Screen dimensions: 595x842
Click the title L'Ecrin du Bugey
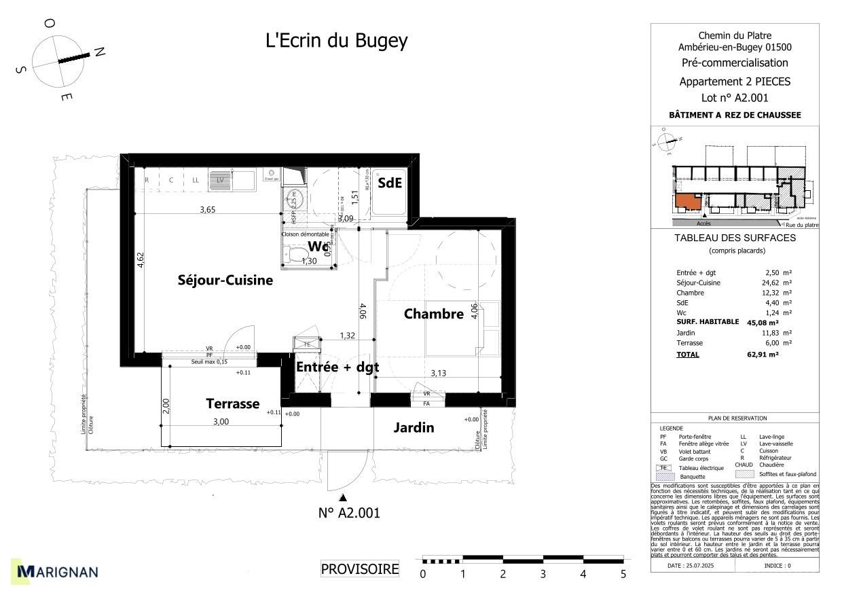click(336, 41)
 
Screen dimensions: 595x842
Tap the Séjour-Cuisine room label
click(225, 280)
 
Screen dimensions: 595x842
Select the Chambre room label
click(433, 314)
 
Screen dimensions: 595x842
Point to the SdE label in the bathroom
click(390, 183)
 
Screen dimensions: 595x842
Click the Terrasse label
click(232, 404)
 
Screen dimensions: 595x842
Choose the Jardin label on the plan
click(414, 428)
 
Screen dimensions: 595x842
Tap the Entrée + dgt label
click(337, 367)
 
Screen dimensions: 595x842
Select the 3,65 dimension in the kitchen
click(207, 210)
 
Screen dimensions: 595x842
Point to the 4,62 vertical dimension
click(141, 261)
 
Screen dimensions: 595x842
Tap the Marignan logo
click(58, 572)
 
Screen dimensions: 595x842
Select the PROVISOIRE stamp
click(360, 569)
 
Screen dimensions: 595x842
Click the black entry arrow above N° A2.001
click(344, 498)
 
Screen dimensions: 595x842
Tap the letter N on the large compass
click(99, 52)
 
